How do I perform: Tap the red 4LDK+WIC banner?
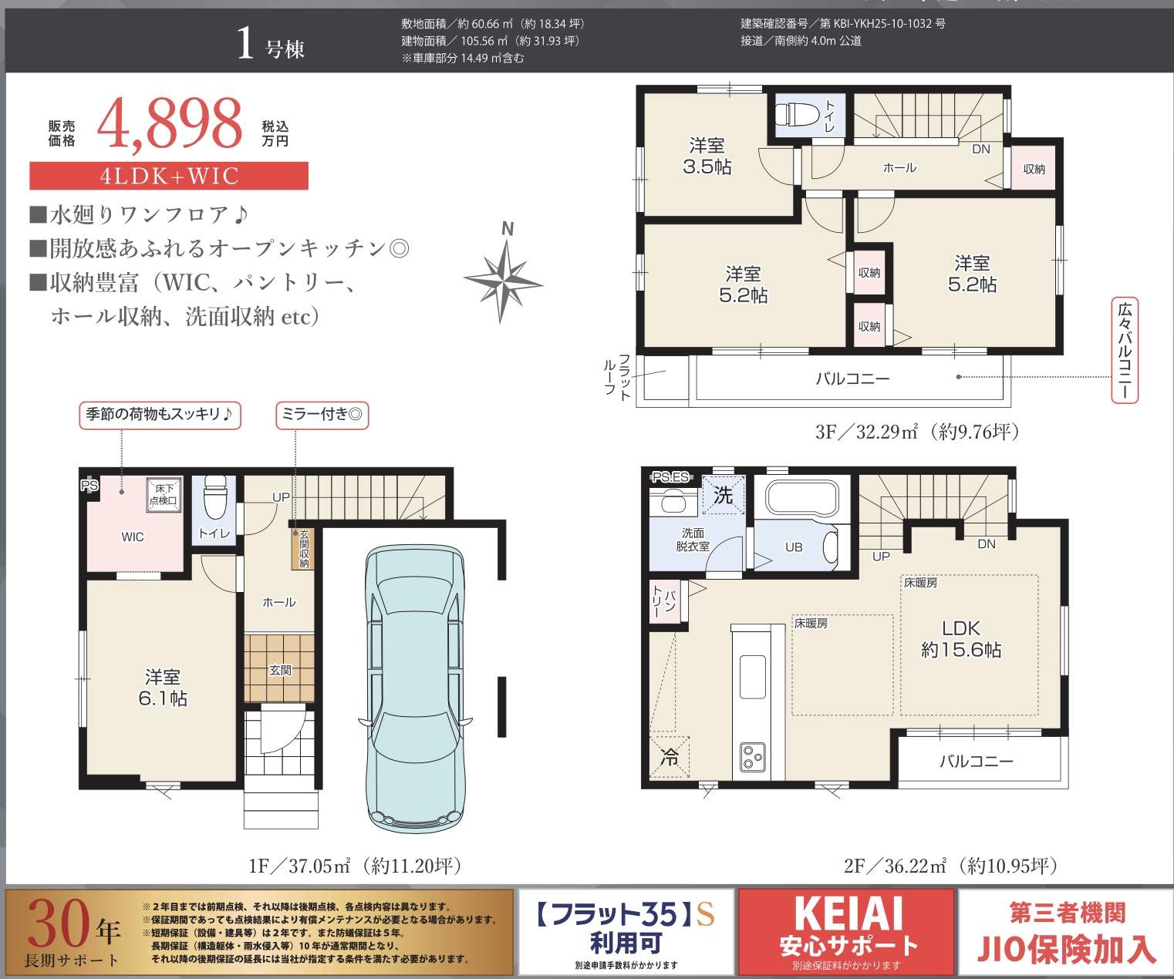pos(169,176)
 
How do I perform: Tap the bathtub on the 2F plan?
pos(801,497)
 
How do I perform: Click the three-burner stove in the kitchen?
pos(751,756)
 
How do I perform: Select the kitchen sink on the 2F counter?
pos(752,677)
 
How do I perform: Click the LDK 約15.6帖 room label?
pos(961,639)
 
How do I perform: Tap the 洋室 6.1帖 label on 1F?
pos(163,688)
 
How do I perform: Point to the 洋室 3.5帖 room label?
pos(707,156)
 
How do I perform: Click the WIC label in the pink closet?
pos(133,537)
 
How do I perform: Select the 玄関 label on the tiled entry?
pos(280,670)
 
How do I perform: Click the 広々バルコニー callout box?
pos(1125,351)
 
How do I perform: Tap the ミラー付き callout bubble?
pos(322,415)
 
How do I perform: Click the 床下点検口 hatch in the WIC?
pos(164,494)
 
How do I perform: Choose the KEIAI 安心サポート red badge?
pos(848,932)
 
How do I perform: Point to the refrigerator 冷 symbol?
pos(670,757)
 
